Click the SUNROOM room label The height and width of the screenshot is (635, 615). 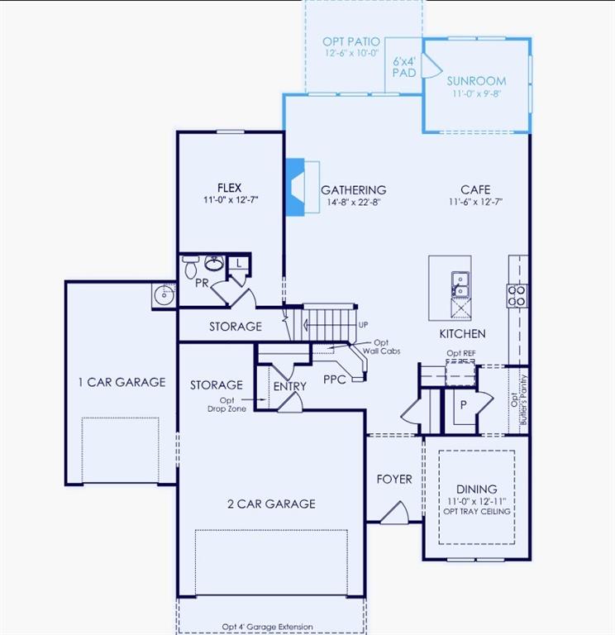click(476, 81)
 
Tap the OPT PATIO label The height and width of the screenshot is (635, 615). click(351, 41)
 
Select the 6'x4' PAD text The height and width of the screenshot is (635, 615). click(404, 67)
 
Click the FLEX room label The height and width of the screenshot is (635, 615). click(229, 188)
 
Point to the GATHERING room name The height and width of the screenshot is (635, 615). click(353, 190)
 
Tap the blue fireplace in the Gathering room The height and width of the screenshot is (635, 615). click(295, 187)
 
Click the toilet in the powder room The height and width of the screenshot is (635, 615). click(190, 266)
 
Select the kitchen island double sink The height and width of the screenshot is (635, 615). click(459, 283)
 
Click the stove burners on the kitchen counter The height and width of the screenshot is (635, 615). click(517, 295)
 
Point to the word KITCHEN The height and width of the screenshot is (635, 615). click(462, 334)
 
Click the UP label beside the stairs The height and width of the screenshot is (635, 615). click(363, 325)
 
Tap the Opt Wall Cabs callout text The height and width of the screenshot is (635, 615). click(384, 347)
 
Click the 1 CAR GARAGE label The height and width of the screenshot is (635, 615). click(122, 382)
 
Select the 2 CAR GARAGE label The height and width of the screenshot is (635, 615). click(271, 504)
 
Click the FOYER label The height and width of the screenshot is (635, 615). click(394, 479)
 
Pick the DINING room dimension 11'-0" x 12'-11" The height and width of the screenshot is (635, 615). click(476, 501)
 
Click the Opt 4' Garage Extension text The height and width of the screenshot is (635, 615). click(270, 627)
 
